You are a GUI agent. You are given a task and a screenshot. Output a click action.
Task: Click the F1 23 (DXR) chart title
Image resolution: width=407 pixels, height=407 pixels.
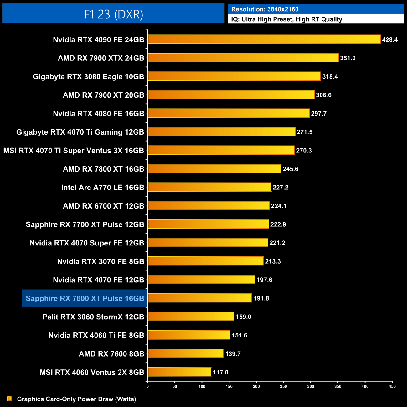(x=113, y=14)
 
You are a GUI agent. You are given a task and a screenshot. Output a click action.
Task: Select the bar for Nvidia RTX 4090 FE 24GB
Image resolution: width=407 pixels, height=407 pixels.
(x=264, y=39)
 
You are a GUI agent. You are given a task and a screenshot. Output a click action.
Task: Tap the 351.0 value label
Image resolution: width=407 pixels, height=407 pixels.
(x=348, y=58)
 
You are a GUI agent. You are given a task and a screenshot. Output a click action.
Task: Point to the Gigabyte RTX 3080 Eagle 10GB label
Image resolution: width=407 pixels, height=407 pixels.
(x=88, y=77)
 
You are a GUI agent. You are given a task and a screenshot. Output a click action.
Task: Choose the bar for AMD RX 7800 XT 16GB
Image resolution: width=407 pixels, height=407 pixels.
(x=214, y=169)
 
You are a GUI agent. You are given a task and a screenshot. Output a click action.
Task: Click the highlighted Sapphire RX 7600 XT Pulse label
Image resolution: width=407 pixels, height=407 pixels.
(x=85, y=298)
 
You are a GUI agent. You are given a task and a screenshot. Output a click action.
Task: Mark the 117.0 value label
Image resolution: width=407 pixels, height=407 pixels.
(x=220, y=372)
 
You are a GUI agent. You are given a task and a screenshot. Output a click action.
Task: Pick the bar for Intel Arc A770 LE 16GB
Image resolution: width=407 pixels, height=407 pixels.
(x=209, y=187)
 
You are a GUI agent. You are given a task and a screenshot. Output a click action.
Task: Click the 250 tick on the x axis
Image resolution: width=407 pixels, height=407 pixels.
(x=283, y=386)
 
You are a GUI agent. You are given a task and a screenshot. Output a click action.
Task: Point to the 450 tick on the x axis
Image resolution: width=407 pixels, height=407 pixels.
(x=392, y=386)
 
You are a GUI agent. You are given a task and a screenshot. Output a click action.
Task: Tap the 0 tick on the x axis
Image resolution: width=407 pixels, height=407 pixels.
(x=147, y=386)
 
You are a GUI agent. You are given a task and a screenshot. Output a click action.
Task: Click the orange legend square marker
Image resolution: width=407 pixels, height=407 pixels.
(x=9, y=399)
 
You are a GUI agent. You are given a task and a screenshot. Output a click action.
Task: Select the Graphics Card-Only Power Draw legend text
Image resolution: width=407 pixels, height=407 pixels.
(x=76, y=399)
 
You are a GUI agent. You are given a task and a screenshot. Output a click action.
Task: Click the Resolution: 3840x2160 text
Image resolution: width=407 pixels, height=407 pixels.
(x=265, y=9)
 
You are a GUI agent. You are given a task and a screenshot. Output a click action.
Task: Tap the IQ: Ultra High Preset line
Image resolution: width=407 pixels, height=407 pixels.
(x=286, y=19)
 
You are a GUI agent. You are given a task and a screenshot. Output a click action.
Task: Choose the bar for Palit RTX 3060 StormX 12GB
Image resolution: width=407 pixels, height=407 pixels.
(x=191, y=317)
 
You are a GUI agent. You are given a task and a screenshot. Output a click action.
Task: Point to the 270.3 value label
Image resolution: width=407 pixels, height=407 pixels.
(x=304, y=151)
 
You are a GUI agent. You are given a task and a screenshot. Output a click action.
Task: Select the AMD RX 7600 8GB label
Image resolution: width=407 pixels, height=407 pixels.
(x=111, y=354)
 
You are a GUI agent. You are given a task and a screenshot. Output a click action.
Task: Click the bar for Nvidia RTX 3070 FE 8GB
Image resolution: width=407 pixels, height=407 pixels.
(x=206, y=261)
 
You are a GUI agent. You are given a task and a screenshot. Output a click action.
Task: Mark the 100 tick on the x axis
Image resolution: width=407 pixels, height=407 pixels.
(x=202, y=386)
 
